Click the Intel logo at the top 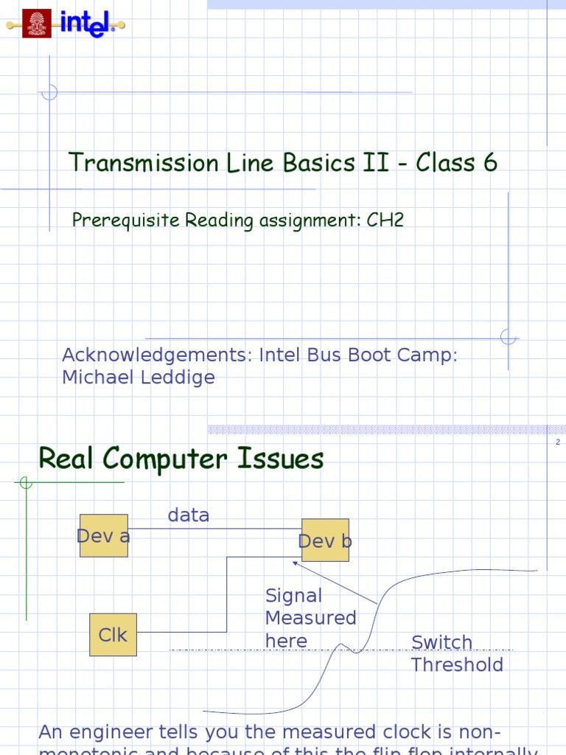click(87, 24)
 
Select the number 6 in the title click(490, 163)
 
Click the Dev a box click(104, 536)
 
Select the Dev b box click(325, 540)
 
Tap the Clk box click(113, 635)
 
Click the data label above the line click(189, 515)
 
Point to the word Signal click(293, 596)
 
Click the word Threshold click(457, 665)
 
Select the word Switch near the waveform click(441, 643)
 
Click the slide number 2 click(558, 442)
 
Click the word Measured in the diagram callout click(310, 618)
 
